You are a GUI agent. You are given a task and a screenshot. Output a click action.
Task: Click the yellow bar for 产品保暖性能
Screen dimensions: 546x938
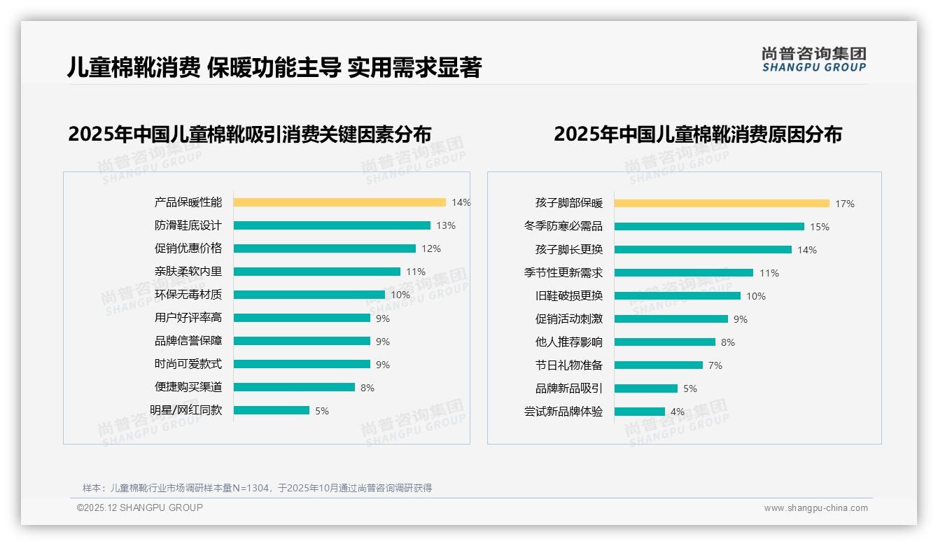[x=339, y=202]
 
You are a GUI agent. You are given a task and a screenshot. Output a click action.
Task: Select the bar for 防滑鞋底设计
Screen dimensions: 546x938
[x=332, y=225]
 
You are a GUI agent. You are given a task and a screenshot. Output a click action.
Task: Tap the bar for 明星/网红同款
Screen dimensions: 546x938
[x=272, y=410]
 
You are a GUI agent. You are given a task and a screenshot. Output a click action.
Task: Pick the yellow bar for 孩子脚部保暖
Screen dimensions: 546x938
[x=722, y=204]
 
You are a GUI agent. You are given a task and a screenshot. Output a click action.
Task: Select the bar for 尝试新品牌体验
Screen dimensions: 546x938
[x=640, y=412]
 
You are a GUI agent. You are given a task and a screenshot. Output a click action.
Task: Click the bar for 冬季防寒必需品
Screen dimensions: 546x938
[x=709, y=227]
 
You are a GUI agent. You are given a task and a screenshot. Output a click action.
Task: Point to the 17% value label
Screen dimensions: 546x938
[x=844, y=204]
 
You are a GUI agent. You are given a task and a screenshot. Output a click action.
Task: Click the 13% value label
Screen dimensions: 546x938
[x=446, y=225]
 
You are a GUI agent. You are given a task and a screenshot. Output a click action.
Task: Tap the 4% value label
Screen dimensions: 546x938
[x=677, y=412]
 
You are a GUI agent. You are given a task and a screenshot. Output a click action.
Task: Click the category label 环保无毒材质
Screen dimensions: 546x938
[x=188, y=295]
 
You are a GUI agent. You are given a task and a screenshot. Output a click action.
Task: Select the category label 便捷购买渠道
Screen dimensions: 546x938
[x=188, y=387]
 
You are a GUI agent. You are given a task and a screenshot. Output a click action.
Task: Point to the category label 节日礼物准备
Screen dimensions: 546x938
[x=568, y=365]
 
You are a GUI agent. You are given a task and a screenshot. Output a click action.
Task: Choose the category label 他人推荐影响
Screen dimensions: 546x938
[x=568, y=342]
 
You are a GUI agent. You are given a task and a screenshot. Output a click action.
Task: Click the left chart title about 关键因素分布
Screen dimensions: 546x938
[x=249, y=134]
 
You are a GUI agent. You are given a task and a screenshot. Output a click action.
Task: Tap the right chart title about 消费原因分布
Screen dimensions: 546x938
[x=697, y=134]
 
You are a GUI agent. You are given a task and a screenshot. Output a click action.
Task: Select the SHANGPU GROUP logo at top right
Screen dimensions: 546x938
[x=813, y=59]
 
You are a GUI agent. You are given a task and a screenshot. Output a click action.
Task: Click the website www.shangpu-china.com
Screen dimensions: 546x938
[x=815, y=508]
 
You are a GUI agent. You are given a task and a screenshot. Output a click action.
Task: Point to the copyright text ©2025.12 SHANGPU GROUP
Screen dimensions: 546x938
[x=139, y=507]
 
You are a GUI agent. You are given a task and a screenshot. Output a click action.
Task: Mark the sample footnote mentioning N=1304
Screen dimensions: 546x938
[x=257, y=488]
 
